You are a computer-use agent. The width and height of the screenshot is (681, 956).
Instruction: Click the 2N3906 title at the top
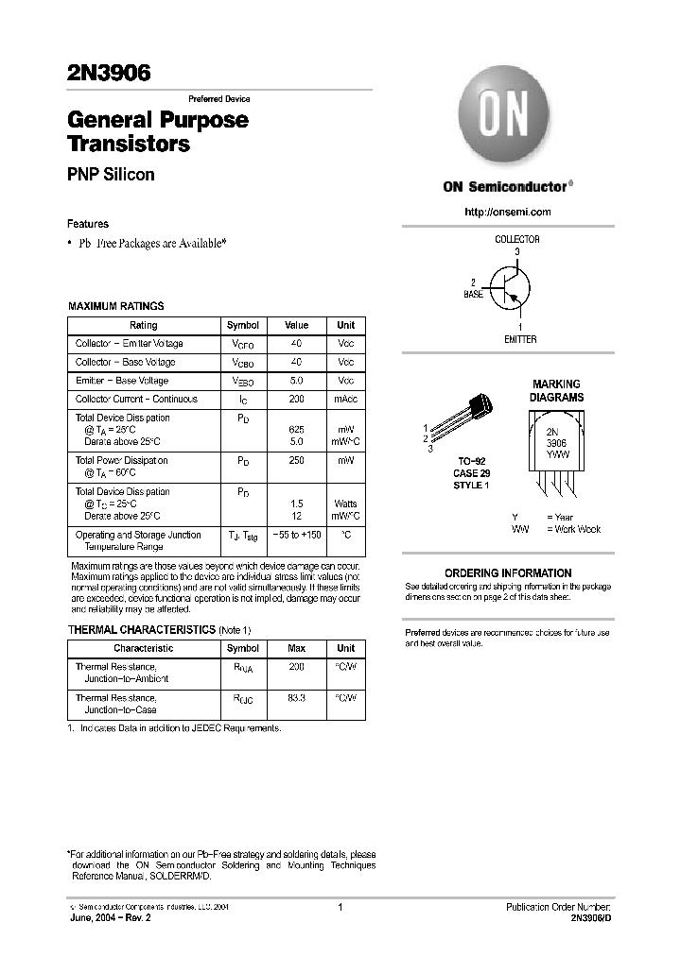(x=109, y=76)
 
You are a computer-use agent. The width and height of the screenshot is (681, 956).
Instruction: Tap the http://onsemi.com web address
(x=508, y=212)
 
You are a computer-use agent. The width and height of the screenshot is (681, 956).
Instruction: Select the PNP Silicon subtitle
(x=111, y=175)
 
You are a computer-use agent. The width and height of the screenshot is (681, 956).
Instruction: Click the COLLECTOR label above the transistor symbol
(x=517, y=240)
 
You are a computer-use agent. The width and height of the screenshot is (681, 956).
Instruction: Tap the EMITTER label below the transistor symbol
(x=520, y=339)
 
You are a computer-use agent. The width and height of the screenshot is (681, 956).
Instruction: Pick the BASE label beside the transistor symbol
(x=473, y=295)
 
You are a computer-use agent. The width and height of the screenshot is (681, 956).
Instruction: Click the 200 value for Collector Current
(x=296, y=400)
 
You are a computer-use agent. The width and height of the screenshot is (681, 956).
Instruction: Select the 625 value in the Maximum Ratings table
(x=296, y=429)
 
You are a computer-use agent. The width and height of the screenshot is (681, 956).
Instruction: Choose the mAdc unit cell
(x=345, y=400)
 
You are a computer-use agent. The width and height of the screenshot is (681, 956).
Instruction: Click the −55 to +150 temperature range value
(x=296, y=535)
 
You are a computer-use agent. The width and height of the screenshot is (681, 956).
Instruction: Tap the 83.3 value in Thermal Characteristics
(x=296, y=697)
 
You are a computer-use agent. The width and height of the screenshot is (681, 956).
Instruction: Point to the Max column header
(x=296, y=648)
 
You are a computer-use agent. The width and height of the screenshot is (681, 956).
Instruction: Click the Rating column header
(x=143, y=325)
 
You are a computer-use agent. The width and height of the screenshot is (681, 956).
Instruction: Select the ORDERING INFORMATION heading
(x=508, y=573)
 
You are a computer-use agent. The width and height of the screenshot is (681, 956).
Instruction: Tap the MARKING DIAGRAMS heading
(x=556, y=391)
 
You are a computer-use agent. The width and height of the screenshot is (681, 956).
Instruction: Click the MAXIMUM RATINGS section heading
(x=116, y=306)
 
